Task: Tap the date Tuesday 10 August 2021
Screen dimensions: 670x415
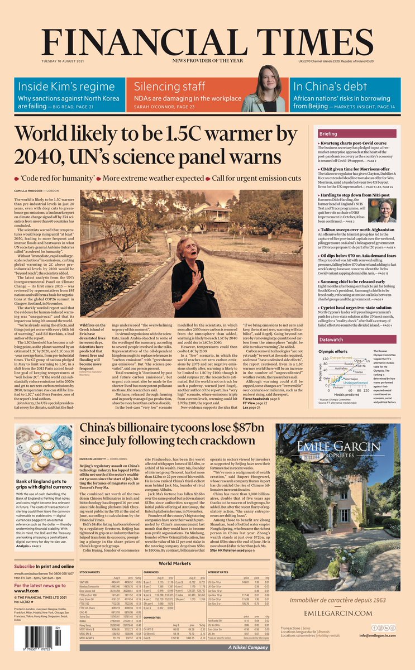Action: pos(63,61)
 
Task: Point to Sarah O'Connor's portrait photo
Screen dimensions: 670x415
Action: pos(269,89)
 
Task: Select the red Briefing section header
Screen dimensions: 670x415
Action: pos(344,134)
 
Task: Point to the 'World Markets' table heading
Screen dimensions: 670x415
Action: pos(175,563)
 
